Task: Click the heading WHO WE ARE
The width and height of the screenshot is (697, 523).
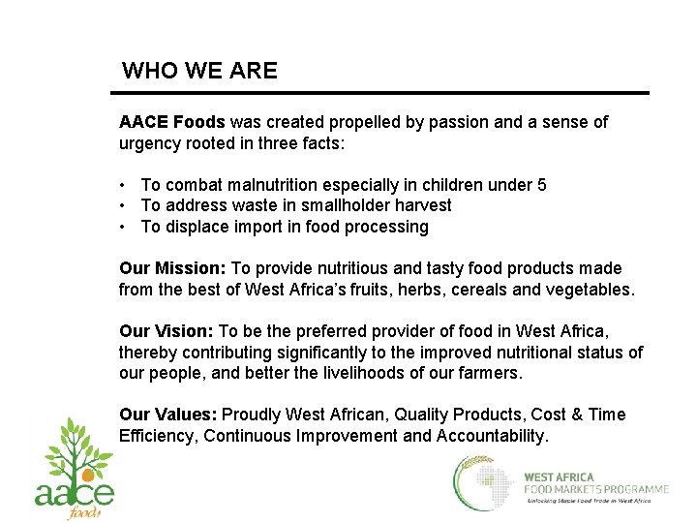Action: (x=199, y=71)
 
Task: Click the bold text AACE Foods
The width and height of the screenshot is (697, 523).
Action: (x=171, y=122)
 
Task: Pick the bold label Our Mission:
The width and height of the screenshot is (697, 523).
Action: (x=172, y=268)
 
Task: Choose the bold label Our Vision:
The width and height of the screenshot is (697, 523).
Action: (x=167, y=331)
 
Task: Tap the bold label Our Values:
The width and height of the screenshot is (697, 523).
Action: (x=168, y=415)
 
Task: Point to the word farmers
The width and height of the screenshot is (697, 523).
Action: (x=492, y=373)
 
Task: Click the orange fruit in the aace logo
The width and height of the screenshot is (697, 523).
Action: (x=88, y=476)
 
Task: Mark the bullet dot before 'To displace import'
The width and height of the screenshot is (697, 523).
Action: (x=124, y=227)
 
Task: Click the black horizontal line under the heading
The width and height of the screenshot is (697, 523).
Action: (x=379, y=94)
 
